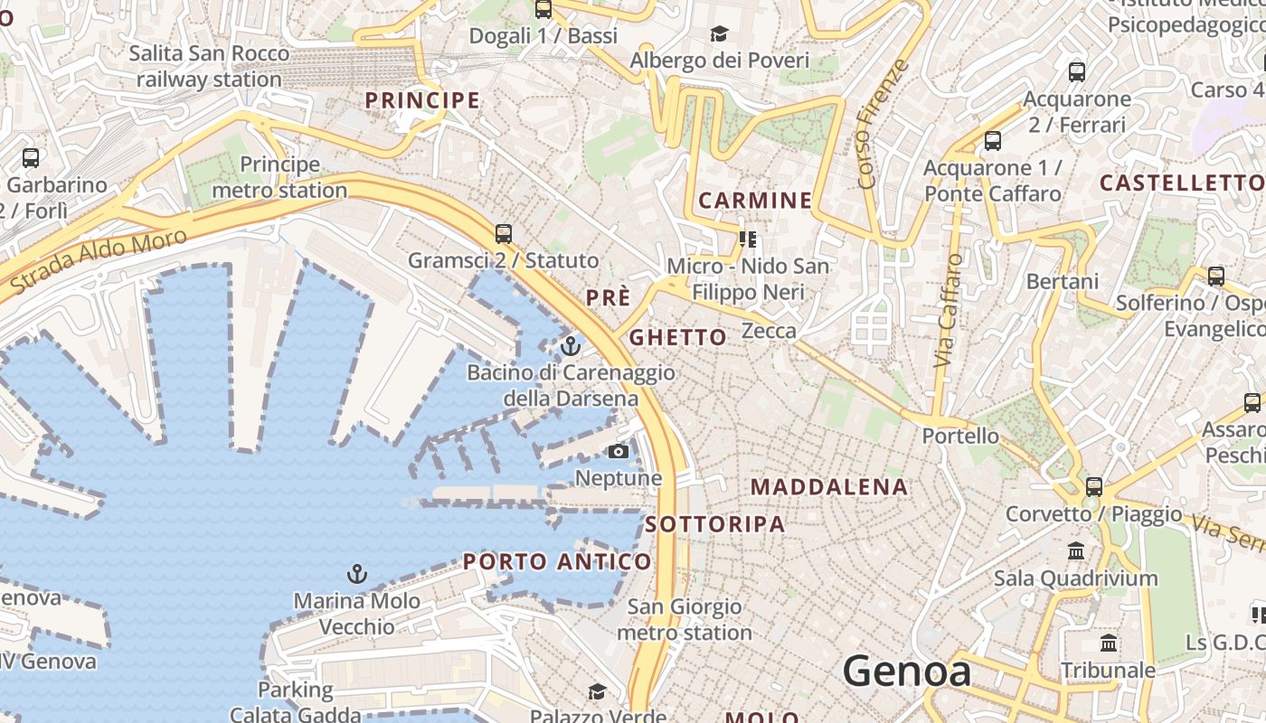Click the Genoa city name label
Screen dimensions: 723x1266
907,671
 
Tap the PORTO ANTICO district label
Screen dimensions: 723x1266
557,561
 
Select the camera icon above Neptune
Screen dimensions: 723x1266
619,451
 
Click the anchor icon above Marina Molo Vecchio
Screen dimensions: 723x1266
357,574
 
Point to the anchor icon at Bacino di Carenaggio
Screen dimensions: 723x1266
571,346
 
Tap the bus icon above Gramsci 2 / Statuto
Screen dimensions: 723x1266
504,234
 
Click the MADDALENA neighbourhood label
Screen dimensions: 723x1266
829,487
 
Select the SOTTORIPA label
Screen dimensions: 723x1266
715,524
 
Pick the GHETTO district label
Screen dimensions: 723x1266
677,338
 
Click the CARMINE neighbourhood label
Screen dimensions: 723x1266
756,201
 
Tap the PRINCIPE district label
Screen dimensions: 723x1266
422,100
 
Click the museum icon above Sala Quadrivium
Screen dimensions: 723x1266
1076,550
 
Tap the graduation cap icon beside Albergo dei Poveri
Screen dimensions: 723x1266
720,34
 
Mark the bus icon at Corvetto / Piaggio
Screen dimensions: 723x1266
1094,487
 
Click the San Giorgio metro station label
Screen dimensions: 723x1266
685,620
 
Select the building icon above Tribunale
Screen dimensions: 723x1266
1109,643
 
